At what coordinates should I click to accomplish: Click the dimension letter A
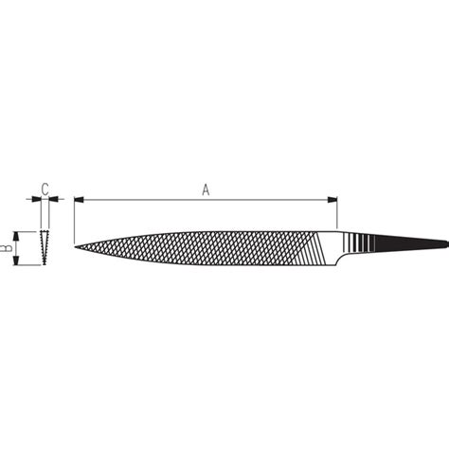point(206,189)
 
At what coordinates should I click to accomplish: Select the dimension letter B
point(6,247)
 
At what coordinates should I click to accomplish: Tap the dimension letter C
point(44,187)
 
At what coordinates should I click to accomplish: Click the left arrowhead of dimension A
point(79,200)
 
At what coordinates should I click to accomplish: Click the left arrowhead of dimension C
point(37,198)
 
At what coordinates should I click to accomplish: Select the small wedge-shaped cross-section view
point(45,247)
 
